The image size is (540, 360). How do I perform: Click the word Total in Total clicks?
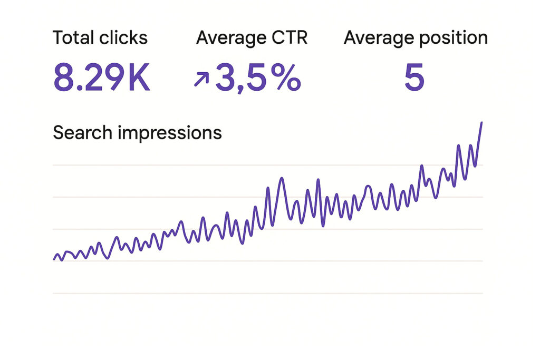point(72,38)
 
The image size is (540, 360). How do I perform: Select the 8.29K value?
point(102,79)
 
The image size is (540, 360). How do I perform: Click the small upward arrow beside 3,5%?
point(201,80)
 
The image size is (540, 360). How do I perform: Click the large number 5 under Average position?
point(414,79)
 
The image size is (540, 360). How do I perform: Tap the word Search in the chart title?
point(82,133)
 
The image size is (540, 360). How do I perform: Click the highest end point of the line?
point(481,122)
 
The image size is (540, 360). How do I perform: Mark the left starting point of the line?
point(54,259)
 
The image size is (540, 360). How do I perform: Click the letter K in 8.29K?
point(139,79)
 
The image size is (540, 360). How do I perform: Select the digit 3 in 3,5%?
point(226,79)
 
